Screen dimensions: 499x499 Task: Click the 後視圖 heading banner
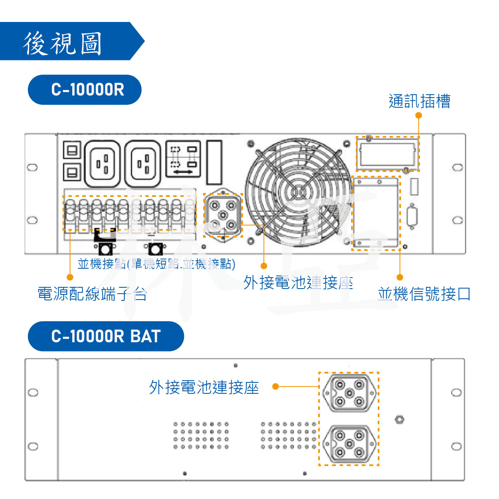pyautogui.click(x=63, y=42)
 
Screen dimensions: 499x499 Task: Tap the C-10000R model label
pyautogui.click(x=85, y=90)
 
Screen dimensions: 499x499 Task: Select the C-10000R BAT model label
pyautogui.click(x=106, y=336)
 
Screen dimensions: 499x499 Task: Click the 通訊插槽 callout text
pyautogui.click(x=419, y=101)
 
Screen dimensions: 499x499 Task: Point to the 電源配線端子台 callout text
pyautogui.click(x=92, y=294)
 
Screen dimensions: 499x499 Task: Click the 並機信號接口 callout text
pyautogui.click(x=424, y=294)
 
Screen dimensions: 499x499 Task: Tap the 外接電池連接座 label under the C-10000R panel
pyautogui.click(x=298, y=283)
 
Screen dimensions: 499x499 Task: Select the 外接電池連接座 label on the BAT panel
pyautogui.click(x=204, y=387)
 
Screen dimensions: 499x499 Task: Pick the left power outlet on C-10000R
pyautogui.click(x=102, y=164)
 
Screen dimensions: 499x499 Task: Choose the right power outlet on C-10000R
pyautogui.click(x=143, y=164)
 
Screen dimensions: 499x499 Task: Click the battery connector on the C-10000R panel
pyautogui.click(x=223, y=215)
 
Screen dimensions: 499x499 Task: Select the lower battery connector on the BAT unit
pyautogui.click(x=349, y=444)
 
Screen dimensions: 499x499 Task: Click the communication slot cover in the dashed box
pyautogui.click(x=387, y=154)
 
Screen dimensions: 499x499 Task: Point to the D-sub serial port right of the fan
pyautogui.click(x=412, y=217)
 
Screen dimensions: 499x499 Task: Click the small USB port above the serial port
pyautogui.click(x=414, y=187)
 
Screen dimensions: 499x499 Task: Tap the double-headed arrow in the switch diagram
pyautogui.click(x=183, y=172)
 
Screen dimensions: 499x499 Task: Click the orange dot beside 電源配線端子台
pyautogui.click(x=70, y=277)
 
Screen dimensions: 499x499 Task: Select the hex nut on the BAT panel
pyautogui.click(x=399, y=420)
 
